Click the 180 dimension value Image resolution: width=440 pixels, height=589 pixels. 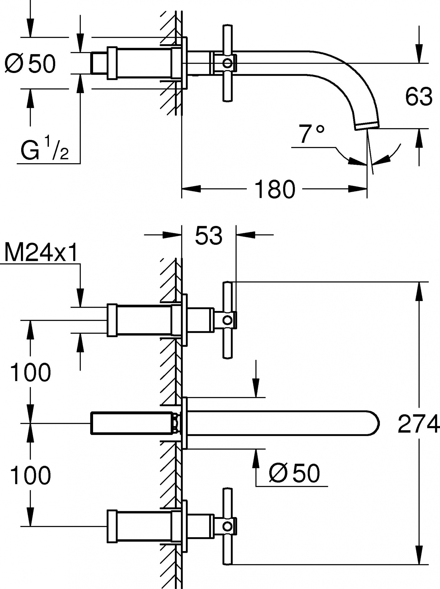pos(274,189)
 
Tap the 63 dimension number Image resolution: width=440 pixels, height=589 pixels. pos(419,96)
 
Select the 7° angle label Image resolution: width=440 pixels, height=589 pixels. pos(311,134)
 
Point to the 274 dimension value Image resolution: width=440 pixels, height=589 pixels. pos(418,424)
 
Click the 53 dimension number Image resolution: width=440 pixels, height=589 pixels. pos(209,236)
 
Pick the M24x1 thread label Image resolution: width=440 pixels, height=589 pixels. pos(41,253)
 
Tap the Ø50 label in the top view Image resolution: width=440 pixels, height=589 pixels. pos(30,64)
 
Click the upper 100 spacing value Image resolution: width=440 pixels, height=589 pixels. pos(30,373)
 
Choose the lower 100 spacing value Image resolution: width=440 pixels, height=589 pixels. pos(30,476)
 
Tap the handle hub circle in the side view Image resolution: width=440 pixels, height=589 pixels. pos(227,63)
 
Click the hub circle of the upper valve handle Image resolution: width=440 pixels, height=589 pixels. pos(227,320)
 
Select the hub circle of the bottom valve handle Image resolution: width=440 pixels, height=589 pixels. pos(227,526)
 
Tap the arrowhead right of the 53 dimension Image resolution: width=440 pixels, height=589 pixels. pos(245,235)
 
